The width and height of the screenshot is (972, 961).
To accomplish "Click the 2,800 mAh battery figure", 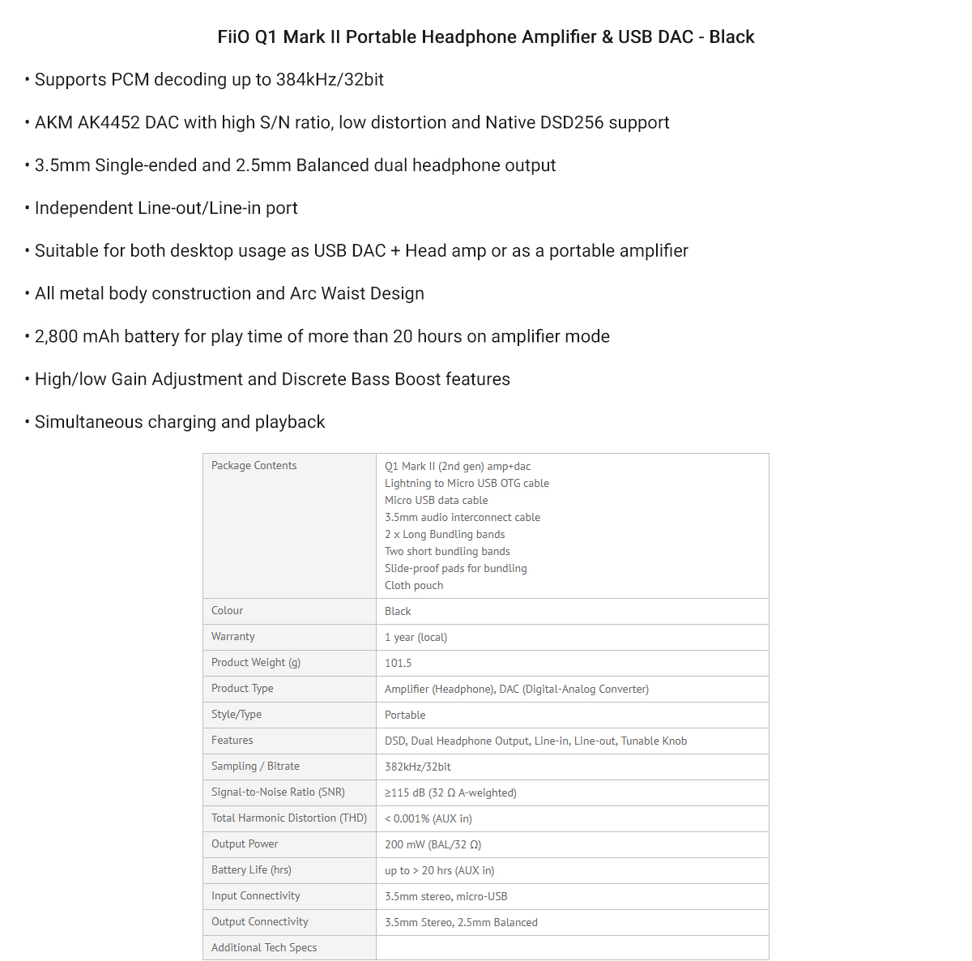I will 76,337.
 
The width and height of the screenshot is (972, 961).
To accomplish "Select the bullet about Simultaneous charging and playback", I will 180,422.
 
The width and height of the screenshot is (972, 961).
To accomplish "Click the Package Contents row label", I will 254,466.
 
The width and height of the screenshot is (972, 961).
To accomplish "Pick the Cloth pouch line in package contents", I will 414,586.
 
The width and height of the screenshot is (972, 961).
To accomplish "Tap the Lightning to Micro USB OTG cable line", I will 467,484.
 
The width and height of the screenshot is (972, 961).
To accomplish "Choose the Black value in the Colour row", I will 398,612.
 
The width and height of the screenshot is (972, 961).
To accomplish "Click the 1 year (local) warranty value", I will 416,638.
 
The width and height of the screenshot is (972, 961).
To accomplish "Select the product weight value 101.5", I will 398,664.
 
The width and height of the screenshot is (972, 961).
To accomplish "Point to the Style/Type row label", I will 237,715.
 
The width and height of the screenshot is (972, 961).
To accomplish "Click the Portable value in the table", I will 405,715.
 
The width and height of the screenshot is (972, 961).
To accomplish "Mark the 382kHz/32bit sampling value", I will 418,767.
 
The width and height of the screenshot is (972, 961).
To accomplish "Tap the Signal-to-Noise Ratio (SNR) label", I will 278,792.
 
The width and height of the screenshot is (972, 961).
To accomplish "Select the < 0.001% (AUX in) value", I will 428,819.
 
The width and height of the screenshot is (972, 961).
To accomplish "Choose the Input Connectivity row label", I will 256,896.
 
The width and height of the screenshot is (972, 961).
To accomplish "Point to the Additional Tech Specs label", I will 264,948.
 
